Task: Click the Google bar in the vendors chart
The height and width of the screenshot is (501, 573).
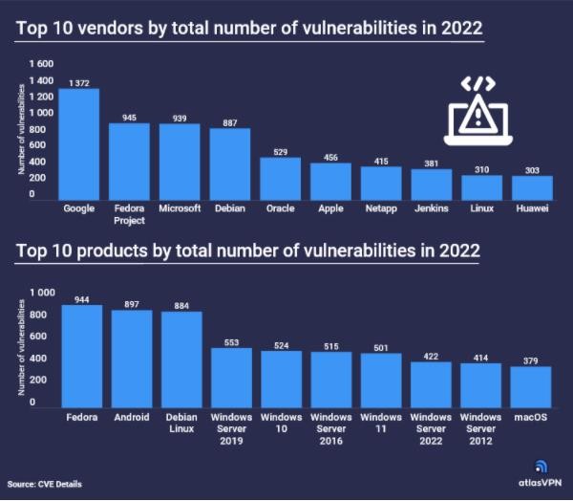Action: point(79,142)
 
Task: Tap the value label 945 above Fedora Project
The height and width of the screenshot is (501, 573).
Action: point(130,119)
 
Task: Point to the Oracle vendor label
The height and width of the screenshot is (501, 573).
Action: point(280,207)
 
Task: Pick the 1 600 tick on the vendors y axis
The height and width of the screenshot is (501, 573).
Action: point(41,64)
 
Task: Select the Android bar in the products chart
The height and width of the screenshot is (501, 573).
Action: point(131,359)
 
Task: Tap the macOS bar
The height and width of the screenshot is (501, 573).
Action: point(531,386)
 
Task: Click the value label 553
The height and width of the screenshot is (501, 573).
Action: point(230,341)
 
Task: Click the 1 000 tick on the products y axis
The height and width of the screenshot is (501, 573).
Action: point(43,292)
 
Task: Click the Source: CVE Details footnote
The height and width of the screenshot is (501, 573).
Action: point(45,484)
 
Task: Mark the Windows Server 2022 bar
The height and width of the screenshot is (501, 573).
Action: point(431,383)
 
